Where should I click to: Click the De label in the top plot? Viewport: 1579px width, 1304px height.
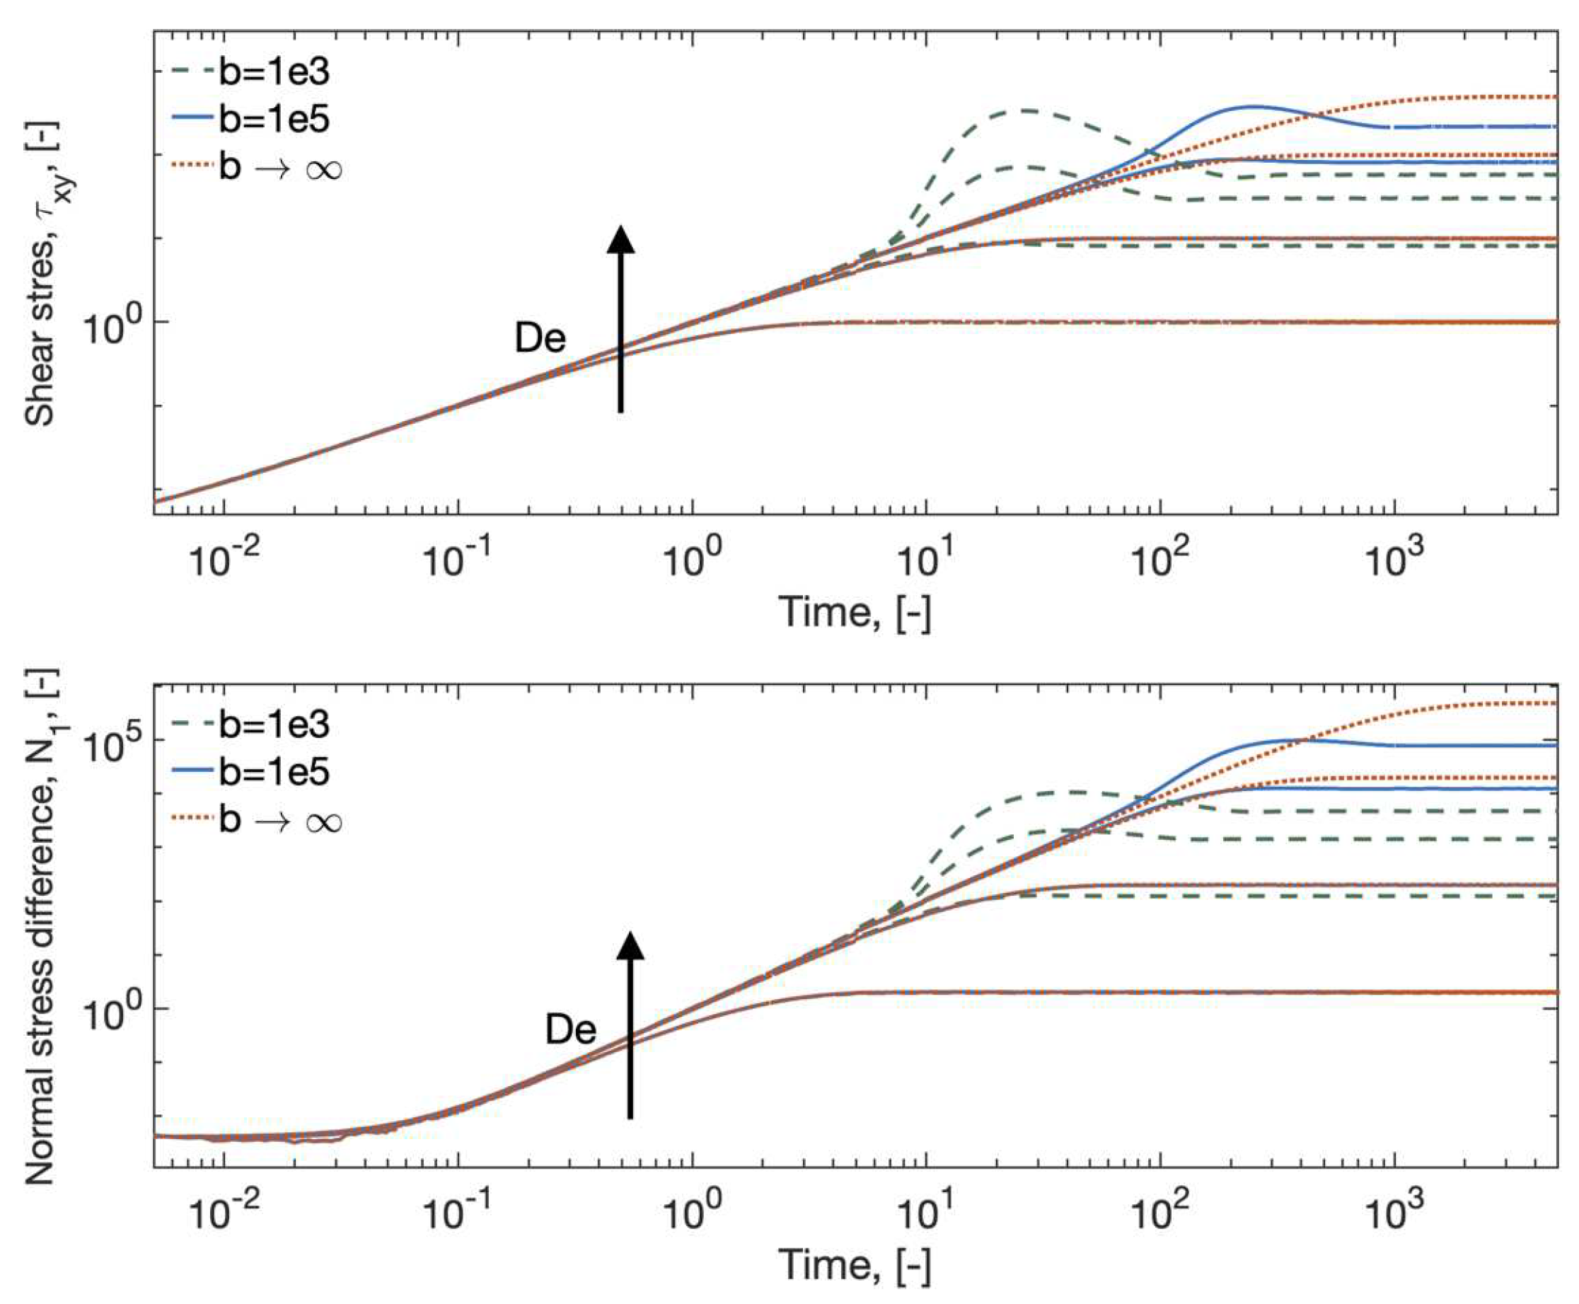tap(540, 339)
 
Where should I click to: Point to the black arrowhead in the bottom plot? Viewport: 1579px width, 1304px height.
tap(630, 946)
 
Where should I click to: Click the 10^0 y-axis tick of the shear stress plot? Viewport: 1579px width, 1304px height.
tap(112, 328)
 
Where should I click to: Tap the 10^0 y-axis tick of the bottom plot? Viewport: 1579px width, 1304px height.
tap(112, 1014)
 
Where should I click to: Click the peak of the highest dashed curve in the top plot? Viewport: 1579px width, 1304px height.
tap(1026, 110)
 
